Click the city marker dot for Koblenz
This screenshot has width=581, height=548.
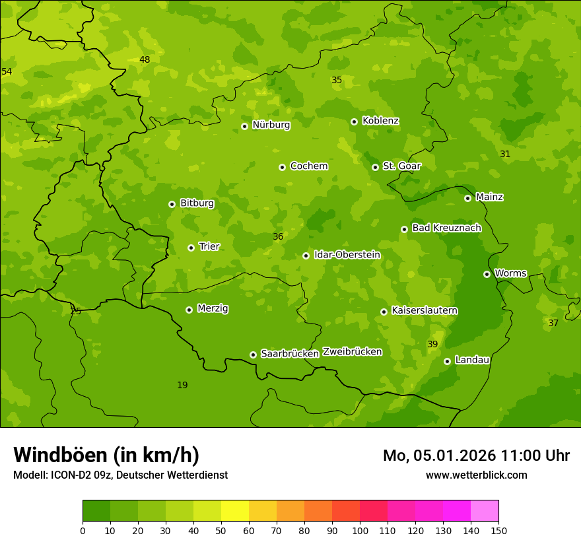coord(354,121)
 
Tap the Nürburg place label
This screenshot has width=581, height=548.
coord(271,125)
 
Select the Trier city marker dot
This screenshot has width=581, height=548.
coord(191,248)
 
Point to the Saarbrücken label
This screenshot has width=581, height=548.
coord(290,354)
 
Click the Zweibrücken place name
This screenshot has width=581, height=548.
coord(352,352)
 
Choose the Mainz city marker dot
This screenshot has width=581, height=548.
coord(467,198)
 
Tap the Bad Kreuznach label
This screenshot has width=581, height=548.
coord(446,228)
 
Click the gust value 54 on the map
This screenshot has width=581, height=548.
coord(7,71)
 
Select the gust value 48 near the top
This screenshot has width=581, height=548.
coord(145,59)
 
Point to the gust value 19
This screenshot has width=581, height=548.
coord(182,385)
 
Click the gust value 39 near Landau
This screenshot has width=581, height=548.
coord(432,344)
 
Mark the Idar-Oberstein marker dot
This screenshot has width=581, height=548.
coord(306,256)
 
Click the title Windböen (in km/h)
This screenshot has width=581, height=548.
coord(106,455)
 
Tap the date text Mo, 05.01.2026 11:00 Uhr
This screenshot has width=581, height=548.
coord(476,456)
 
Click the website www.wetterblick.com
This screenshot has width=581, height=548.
coord(476,475)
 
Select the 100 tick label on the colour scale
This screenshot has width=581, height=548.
coord(360,530)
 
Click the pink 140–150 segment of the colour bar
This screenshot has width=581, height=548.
coord(485,511)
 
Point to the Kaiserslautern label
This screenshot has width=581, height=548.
coord(425,310)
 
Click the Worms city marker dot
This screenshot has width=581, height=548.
coord(487,274)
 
